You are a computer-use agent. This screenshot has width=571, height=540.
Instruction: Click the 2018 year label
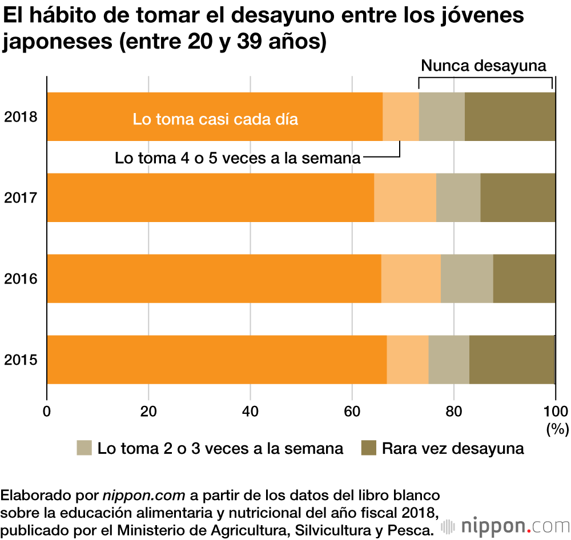(21, 117)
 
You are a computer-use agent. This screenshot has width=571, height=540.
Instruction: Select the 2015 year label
(21, 360)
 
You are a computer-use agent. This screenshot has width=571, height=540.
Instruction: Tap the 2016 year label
(21, 279)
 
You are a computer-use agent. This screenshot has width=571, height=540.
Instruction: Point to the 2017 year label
(21, 198)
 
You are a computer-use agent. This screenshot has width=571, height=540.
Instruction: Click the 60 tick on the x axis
(352, 412)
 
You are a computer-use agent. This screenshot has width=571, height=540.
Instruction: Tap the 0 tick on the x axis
(47, 412)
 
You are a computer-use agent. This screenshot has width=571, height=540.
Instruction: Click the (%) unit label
(556, 428)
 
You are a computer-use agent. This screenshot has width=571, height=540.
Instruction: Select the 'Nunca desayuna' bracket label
(484, 66)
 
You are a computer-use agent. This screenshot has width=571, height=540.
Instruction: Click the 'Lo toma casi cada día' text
(215, 120)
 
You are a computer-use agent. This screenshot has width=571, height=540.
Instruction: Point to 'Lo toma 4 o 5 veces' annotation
(238, 158)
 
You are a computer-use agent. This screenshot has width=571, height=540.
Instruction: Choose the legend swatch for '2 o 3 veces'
(84, 448)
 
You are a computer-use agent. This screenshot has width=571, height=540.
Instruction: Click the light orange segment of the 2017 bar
(405, 198)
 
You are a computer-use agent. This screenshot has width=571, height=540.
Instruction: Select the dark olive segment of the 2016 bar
(524, 279)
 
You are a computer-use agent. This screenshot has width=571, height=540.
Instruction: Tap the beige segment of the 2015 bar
(449, 360)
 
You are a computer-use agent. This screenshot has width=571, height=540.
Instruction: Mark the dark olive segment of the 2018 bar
(509, 116)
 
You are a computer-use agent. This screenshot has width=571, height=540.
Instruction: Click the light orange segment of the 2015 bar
(407, 360)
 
